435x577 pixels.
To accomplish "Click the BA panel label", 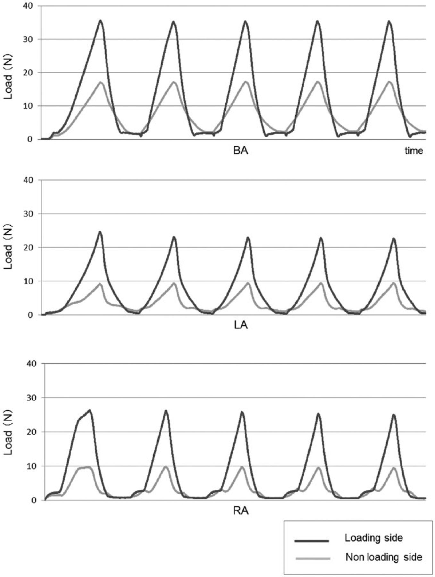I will pos(240,151).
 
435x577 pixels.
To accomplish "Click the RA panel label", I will pos(240,510).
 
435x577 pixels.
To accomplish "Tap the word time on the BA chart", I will pos(414,150).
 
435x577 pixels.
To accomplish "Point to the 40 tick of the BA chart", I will pos(30,6).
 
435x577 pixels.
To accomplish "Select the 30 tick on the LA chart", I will pos(30,213).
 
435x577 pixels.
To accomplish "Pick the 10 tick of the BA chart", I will pos(30,106).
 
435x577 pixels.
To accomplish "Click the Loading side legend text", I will pos(373,538).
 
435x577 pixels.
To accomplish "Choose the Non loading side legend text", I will pos(383,557).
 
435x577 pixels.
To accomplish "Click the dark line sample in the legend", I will pos(312,541).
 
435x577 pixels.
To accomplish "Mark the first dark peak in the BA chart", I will pos(100,21).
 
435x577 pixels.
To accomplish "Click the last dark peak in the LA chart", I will pos(393,239).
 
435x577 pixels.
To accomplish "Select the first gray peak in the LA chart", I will pos(100,284).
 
